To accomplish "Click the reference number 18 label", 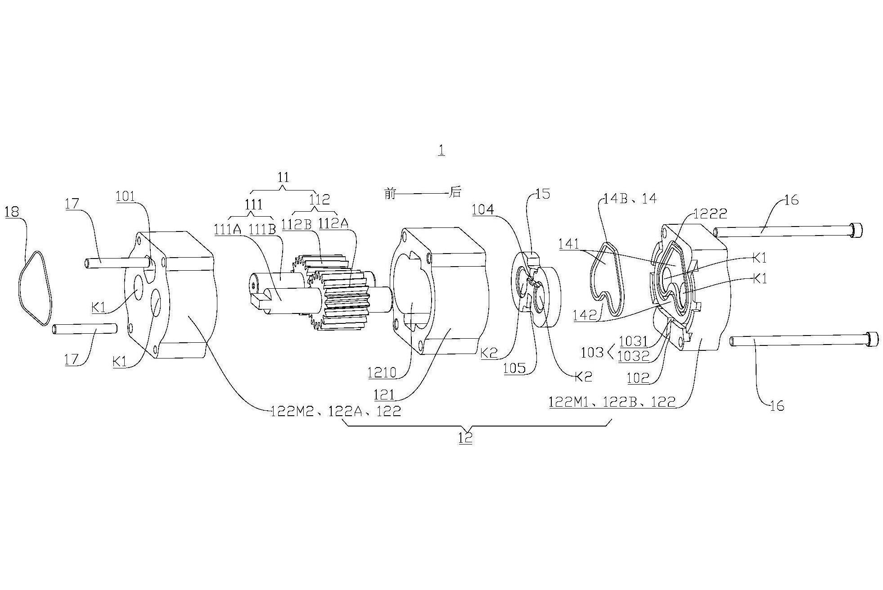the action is pos(12,212).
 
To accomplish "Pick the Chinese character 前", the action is pos(390,193).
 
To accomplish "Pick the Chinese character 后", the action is pos(455,192).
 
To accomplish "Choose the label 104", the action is pos(483,209).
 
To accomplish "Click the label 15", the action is pos(543,194).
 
